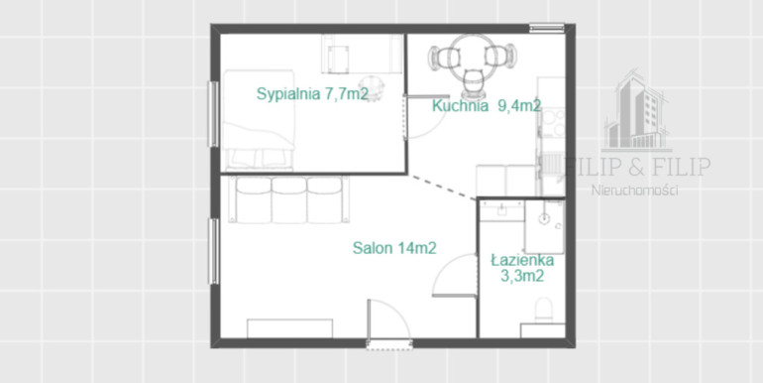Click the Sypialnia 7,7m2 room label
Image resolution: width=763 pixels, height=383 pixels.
pos(312,93)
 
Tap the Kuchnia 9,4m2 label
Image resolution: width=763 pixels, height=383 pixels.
pos(487,106)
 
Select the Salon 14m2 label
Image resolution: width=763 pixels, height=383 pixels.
pos(394,248)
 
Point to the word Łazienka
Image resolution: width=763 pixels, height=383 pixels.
pos(522,261)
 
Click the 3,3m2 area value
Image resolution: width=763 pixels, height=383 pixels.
pos(522,276)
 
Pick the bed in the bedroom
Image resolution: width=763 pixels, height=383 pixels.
pos(259,120)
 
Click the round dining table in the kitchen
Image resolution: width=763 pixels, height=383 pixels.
pos(472,57)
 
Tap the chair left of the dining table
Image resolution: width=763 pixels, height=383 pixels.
pos(440,57)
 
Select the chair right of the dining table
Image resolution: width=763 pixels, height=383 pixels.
pos(501,56)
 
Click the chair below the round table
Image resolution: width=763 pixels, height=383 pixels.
pos(473,83)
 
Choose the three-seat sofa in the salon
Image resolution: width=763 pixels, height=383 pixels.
pos(289,198)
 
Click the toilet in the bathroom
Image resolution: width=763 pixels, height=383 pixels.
pos(543,311)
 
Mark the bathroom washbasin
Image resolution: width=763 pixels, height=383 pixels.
pos(501,210)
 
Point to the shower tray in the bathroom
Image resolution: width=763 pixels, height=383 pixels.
pos(545,227)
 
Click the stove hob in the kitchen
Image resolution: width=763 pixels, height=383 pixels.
pos(554,123)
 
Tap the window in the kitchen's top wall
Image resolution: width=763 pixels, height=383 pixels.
pos(547,28)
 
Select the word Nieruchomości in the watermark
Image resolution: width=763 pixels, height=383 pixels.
pos(634,191)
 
